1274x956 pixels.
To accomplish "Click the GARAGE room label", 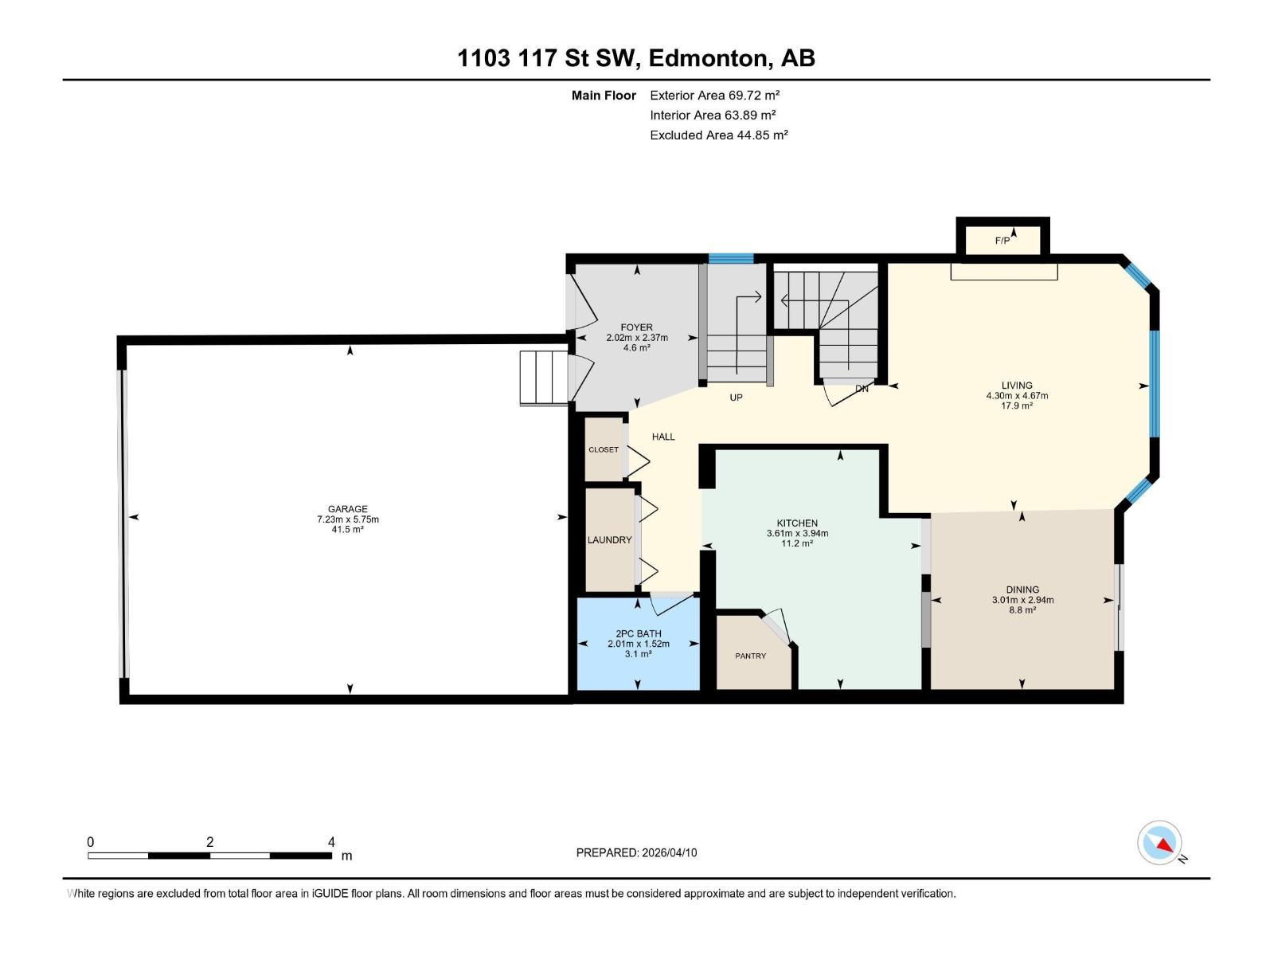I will tap(348, 509).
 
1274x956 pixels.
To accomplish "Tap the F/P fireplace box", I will tap(1002, 240).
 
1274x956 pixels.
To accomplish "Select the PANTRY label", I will tap(750, 656).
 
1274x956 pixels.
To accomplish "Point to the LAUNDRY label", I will tap(609, 540).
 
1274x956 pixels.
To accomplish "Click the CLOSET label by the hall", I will tap(604, 449).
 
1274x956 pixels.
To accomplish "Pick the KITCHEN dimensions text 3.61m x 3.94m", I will tap(797, 534).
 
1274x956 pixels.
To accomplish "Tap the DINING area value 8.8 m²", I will tap(1022, 610).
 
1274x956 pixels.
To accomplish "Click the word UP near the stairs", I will tap(736, 397).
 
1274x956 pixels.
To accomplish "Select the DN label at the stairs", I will tap(862, 389).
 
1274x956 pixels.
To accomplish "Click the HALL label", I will tap(663, 437).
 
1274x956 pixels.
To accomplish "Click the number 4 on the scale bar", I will tap(331, 842).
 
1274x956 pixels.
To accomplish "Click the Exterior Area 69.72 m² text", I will tap(714, 95).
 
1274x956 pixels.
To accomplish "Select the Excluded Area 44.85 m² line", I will tap(718, 135).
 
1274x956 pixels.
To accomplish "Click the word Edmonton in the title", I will tap(709, 58).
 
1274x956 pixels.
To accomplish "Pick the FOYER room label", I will tap(636, 327).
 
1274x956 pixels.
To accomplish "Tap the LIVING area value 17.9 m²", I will tap(1017, 406).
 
